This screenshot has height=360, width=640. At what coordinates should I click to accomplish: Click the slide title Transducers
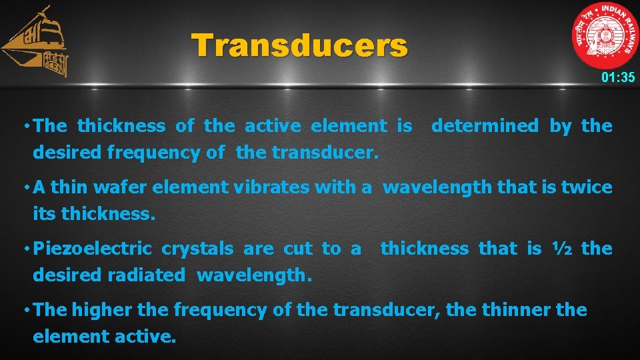coord(299,46)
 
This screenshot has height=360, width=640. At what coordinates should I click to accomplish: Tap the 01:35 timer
coord(617,77)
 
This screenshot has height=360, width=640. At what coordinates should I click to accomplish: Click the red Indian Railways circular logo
coord(605,37)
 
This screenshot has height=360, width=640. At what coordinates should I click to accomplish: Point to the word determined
coord(485,126)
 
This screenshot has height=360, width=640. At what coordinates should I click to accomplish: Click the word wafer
coord(122,188)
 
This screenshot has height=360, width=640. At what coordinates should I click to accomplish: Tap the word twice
coord(586,188)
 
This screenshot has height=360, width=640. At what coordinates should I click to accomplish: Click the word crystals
coord(197,249)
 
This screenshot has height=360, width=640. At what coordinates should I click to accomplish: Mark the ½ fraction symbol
coord(561,249)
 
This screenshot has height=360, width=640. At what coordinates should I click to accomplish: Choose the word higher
coord(101,310)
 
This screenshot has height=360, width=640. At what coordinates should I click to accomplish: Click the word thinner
coord(513,310)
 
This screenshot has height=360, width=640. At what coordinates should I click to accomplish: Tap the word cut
coord(298,249)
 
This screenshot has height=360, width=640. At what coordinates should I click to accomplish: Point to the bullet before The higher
coord(25,311)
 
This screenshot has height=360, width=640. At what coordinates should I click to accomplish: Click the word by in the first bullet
coord(560,126)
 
